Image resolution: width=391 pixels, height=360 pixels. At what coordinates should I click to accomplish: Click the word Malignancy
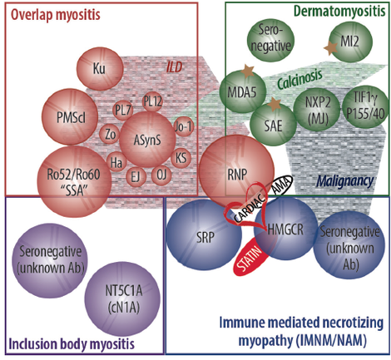click(x=344, y=180)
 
